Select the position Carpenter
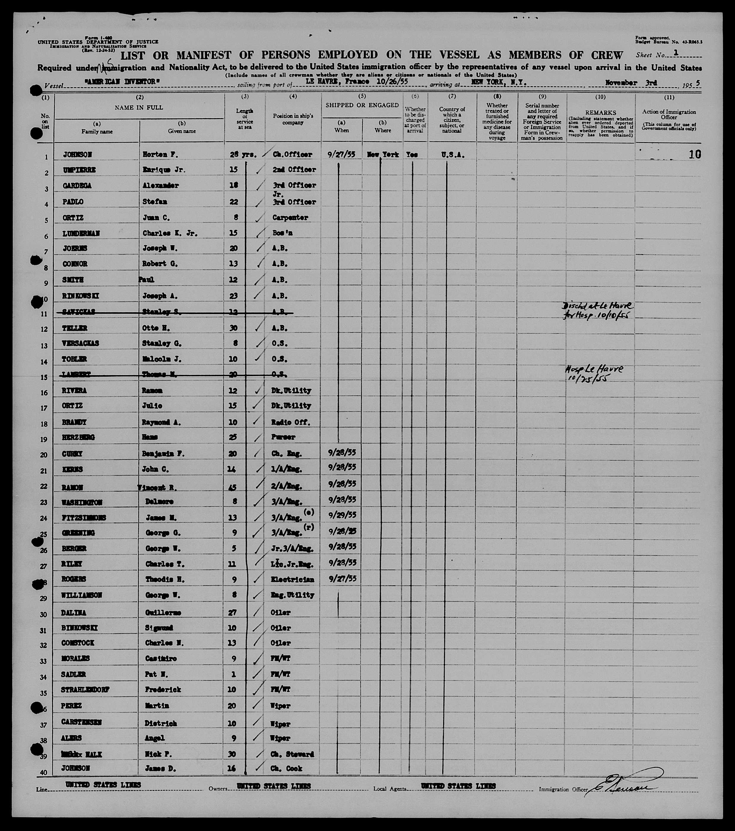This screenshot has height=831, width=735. (290, 218)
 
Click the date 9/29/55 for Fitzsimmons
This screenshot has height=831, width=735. (342, 515)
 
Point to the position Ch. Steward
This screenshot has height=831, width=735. (293, 754)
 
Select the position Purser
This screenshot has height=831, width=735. (283, 437)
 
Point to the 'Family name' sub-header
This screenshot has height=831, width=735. (97, 131)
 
